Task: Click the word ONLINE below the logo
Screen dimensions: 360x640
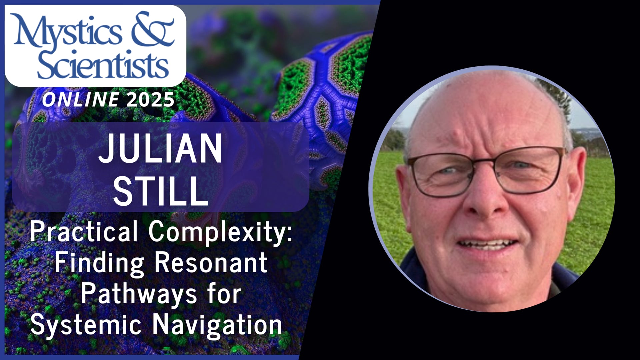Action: pos(80,100)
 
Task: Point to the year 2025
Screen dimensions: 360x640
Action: pos(150,100)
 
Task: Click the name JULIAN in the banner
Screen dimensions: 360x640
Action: pos(160,148)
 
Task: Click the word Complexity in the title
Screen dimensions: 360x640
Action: pos(220,232)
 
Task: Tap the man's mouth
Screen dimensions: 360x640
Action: pos(487,245)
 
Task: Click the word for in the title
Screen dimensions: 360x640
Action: pos(223,293)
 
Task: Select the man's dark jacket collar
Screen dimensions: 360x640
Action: pos(413,270)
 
